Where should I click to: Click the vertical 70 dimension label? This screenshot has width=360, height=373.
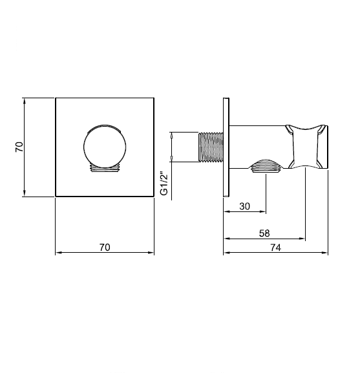tap(19, 147)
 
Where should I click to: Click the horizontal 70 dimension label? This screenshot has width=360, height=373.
tap(105, 248)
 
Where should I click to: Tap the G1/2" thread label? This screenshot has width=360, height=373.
tap(164, 183)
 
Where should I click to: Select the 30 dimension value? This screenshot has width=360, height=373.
tap(245, 206)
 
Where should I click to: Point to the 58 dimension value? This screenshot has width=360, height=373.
tap(264, 233)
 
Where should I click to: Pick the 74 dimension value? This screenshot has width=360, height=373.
tap(275, 248)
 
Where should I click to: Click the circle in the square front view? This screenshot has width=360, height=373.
tap(105, 146)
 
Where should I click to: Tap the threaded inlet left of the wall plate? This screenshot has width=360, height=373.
tap(211, 147)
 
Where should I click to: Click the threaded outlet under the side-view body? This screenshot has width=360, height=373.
tap(266, 165)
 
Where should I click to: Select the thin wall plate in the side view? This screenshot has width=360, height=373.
tap(226, 147)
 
